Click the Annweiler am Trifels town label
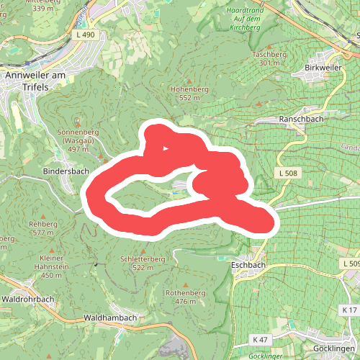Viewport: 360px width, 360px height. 35,79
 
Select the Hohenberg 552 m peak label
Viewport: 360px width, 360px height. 189,93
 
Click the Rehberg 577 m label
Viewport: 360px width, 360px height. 42,228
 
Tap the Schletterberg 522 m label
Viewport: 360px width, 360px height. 144,263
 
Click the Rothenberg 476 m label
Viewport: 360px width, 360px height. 186,297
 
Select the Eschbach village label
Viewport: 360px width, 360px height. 249,264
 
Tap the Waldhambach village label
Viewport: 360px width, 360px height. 110,318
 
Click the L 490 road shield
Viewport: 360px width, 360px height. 84,34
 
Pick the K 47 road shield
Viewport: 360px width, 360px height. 260,339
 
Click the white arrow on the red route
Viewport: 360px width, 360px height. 166,150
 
